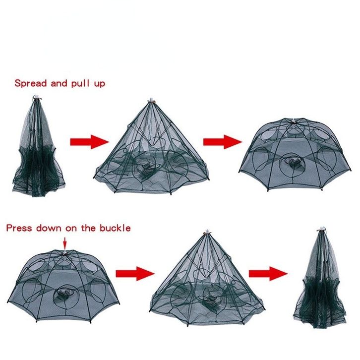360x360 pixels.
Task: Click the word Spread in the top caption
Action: (31, 83)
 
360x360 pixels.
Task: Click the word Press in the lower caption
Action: (19, 228)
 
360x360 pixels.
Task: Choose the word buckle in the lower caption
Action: (115, 228)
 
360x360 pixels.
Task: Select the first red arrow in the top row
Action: (89, 142)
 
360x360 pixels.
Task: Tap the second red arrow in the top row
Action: (223, 142)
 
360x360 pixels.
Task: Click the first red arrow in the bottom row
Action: (135, 273)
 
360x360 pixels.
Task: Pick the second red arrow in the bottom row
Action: (268, 273)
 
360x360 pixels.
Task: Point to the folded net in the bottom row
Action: (320, 278)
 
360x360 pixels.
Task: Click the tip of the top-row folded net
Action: (37, 97)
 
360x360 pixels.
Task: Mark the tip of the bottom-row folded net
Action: (321, 228)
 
